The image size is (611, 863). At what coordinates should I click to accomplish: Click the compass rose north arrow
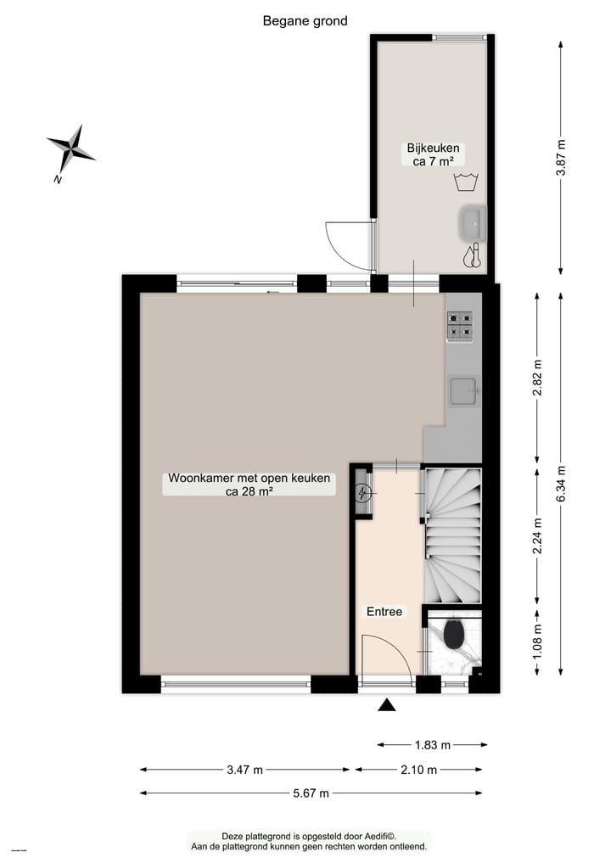[x=70, y=151]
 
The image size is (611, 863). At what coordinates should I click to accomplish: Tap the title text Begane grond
[x=305, y=21]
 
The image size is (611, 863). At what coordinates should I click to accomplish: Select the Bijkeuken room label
[x=431, y=154]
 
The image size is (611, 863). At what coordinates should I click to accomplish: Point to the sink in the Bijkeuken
[x=472, y=224]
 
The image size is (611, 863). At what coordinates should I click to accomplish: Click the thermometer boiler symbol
[x=474, y=255]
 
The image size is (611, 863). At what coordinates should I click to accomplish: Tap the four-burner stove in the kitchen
[x=460, y=324]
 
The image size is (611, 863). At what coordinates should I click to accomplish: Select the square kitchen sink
[x=462, y=391]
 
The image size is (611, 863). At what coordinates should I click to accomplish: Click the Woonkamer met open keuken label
[x=249, y=484]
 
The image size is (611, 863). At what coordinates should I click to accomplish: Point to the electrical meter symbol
[x=363, y=492]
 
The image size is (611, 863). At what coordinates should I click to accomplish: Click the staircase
[x=452, y=535]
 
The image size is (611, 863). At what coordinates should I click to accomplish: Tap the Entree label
[x=384, y=611]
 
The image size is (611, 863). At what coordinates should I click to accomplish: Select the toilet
[x=454, y=635]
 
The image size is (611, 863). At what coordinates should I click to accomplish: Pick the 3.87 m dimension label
[x=561, y=156]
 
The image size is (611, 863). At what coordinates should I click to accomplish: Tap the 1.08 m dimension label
[x=537, y=642]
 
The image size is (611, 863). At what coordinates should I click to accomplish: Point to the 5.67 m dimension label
[x=311, y=793]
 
